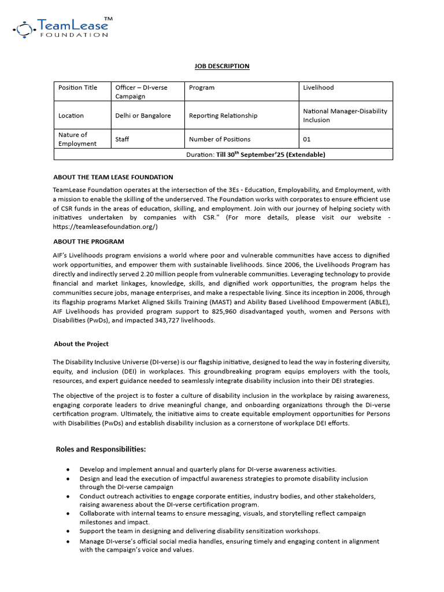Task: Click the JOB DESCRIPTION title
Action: (x=222, y=66)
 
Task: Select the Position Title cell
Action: (x=77, y=87)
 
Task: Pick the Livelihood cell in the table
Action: (x=319, y=87)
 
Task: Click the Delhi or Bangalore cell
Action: (x=143, y=116)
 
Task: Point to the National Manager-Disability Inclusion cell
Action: (x=345, y=116)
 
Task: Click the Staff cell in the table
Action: (x=122, y=139)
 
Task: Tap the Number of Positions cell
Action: (x=220, y=139)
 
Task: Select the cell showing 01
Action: (x=307, y=139)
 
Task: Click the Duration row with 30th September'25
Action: (x=256, y=154)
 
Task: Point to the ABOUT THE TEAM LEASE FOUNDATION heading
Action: (x=113, y=177)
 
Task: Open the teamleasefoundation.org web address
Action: (x=105, y=227)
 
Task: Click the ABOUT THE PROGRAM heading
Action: (x=88, y=241)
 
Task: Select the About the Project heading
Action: (x=81, y=344)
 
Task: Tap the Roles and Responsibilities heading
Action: (x=101, y=449)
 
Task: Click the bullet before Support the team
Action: (x=69, y=531)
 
